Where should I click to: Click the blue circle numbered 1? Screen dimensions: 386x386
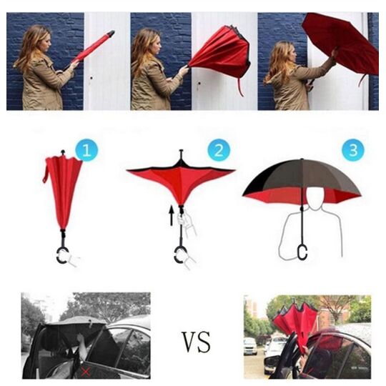pos(86,149)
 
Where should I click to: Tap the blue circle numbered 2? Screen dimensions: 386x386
pos(219,149)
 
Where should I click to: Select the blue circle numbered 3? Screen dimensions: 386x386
pos(353,149)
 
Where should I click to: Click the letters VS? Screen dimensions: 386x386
pos(196,342)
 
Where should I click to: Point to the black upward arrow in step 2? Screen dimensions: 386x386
pos(172,216)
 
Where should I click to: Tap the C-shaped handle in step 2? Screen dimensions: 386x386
pos(179,255)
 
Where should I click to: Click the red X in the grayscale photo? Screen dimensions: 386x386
pos(85,372)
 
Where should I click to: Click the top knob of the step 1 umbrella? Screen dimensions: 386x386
pos(63,152)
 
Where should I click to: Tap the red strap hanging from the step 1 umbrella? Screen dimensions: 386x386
pos(46,170)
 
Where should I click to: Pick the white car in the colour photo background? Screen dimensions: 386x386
pos(250,346)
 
